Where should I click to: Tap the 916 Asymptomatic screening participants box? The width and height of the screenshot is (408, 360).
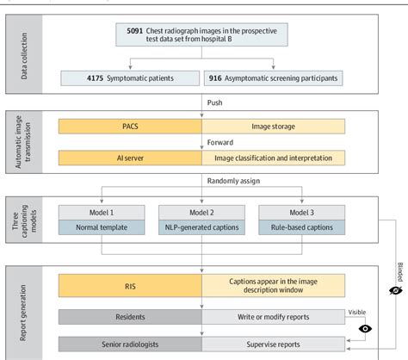[273, 78]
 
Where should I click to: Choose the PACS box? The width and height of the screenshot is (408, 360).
[129, 126]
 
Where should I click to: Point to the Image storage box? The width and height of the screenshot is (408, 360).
[273, 126]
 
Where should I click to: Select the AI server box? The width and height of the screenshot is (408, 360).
[129, 158]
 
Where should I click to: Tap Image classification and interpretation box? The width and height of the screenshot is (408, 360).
[273, 158]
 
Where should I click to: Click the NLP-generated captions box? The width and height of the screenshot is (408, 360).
[201, 227]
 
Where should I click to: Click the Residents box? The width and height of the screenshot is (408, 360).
[129, 317]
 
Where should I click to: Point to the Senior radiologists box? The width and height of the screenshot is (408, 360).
[129, 344]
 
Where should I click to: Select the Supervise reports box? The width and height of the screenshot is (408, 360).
[273, 344]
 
